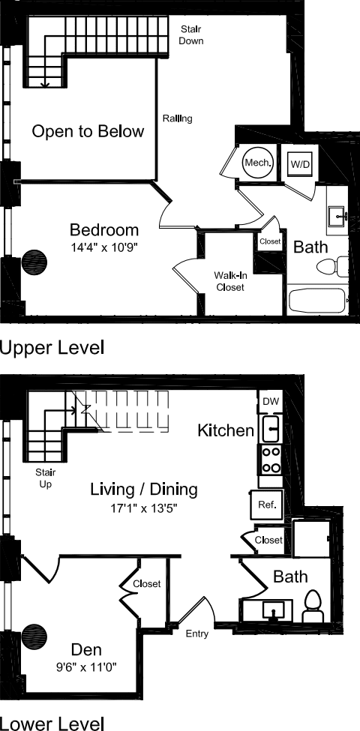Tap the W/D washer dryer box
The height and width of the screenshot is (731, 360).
click(x=300, y=163)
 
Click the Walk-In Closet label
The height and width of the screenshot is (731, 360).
click(x=229, y=281)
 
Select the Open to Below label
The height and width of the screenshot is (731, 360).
click(x=88, y=132)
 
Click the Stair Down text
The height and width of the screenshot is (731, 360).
click(x=191, y=34)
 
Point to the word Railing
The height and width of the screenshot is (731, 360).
click(x=178, y=118)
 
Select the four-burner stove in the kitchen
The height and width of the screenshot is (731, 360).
click(x=271, y=460)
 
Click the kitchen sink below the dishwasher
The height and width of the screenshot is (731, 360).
click(x=271, y=430)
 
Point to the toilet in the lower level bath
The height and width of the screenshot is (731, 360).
click(x=313, y=606)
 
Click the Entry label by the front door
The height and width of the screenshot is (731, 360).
click(x=196, y=634)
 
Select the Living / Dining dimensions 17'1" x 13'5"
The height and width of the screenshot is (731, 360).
click(x=144, y=508)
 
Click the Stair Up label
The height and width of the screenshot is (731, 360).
click(x=46, y=479)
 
